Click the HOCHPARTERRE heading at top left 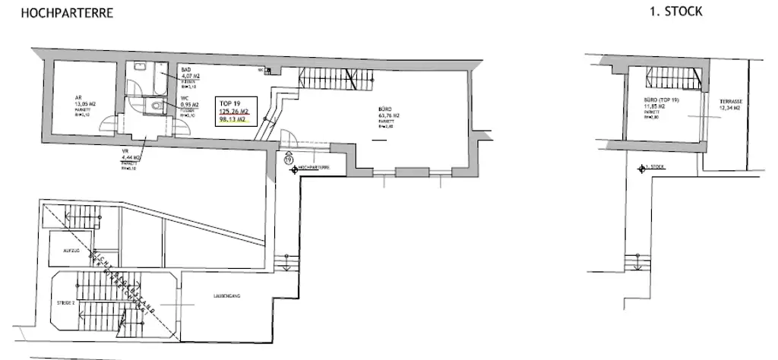57,13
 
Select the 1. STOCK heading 676,12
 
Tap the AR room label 77,97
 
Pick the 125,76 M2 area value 234,111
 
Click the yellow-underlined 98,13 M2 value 232,119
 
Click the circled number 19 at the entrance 288,159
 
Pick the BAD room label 185,69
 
